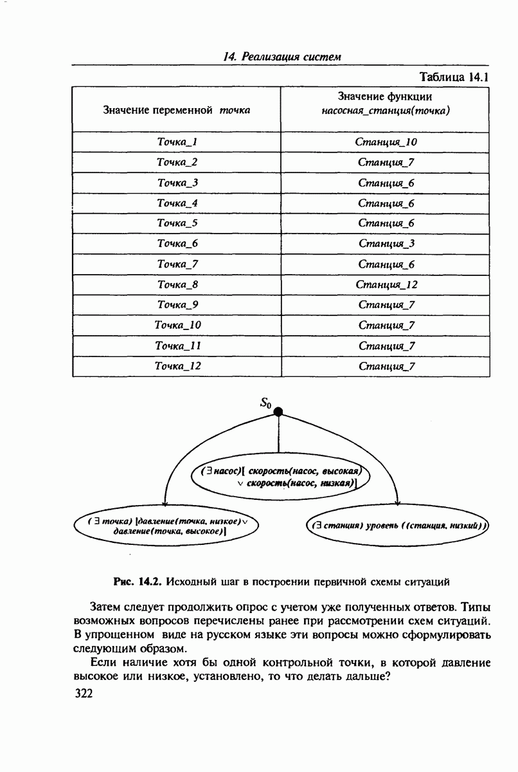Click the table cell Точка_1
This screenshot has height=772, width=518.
coord(177,142)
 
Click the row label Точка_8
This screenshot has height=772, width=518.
coord(177,284)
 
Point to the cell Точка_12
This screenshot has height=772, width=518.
coord(177,366)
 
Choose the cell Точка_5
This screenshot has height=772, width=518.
coord(177,223)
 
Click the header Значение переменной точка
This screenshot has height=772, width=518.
coord(177,110)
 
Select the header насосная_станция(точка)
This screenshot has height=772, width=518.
coord(386,111)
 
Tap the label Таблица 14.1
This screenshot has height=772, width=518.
coord(454,77)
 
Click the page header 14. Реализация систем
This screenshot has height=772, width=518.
coord(281,57)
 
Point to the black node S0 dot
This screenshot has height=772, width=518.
coord(278,412)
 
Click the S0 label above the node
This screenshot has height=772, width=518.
coord(266,403)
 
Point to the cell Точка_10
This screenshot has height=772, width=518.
coord(177,325)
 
